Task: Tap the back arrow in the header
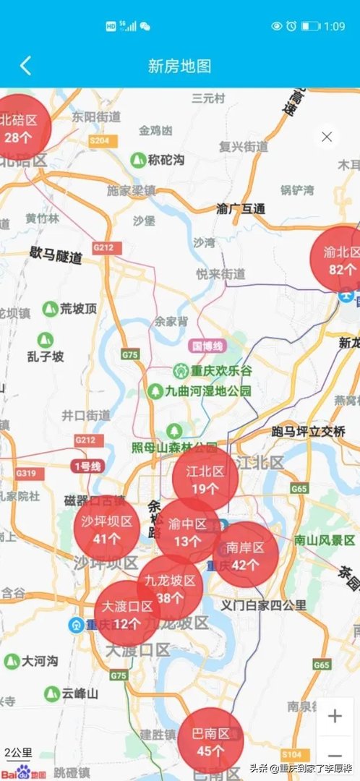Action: pos(25,66)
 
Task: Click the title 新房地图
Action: pos(180,66)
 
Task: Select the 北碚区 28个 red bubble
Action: pos(20,128)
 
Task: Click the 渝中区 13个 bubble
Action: pos(187,532)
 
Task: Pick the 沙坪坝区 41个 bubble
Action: pos(106,529)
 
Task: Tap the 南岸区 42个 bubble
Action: pos(246,554)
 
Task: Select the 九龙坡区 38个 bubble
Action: pos(170,589)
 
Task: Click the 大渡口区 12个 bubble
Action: pos(127,613)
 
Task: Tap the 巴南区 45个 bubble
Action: pos(210,741)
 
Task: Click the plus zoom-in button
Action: pos(335,716)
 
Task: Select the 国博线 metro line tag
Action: pos(206,346)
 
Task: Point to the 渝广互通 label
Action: pos(241,208)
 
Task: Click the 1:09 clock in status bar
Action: pos(335,26)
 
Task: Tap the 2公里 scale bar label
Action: pos(18,752)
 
